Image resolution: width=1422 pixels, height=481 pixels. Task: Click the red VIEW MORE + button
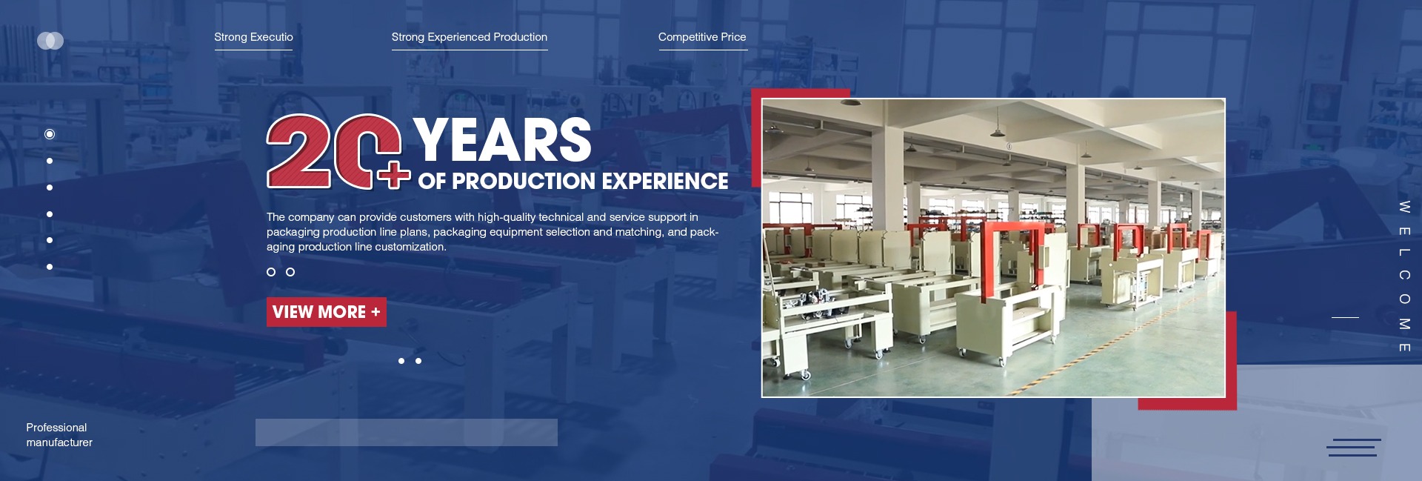point(327,312)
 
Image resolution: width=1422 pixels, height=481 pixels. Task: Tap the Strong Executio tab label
point(253,37)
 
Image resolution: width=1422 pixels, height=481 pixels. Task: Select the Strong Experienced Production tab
point(470,37)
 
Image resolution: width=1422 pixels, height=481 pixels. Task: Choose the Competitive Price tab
point(702,37)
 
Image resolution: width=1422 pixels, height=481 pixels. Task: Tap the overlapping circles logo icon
point(50,41)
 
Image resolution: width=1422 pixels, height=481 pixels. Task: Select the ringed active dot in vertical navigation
point(50,134)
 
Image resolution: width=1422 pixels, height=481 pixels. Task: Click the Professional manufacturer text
point(59,435)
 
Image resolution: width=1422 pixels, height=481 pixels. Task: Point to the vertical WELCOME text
point(1404,276)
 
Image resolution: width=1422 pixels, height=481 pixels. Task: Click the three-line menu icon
point(1354,448)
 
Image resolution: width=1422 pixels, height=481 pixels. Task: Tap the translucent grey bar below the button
point(407,432)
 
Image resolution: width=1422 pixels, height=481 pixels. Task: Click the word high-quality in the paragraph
point(507,217)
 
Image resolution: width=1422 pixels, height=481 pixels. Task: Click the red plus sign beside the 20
point(393,174)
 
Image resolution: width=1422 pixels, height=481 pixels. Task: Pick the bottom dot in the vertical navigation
point(50,267)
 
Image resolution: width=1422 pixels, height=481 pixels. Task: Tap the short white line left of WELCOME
point(1345,317)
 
